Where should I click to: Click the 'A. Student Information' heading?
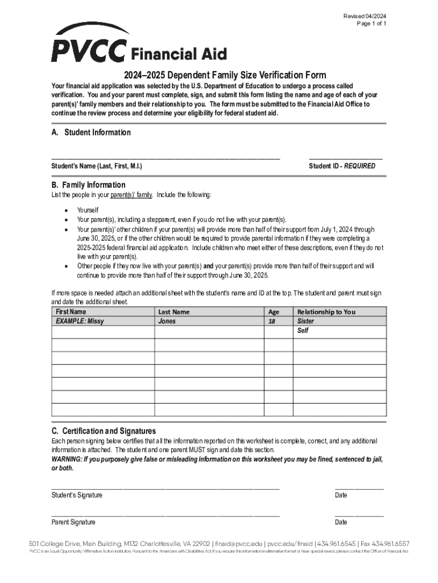91,133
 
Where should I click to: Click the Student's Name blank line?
166,158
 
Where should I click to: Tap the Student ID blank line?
345,158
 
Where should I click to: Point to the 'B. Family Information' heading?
88,185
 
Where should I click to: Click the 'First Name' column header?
71,311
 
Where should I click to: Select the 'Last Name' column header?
173,311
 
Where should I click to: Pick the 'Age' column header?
274,311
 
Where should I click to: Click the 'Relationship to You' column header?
326,311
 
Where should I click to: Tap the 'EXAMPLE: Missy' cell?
80,321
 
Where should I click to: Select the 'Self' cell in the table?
303,330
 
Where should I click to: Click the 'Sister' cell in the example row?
306,321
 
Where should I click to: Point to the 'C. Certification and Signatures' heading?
104,431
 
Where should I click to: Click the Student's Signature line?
166,488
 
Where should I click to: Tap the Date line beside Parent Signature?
359,515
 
